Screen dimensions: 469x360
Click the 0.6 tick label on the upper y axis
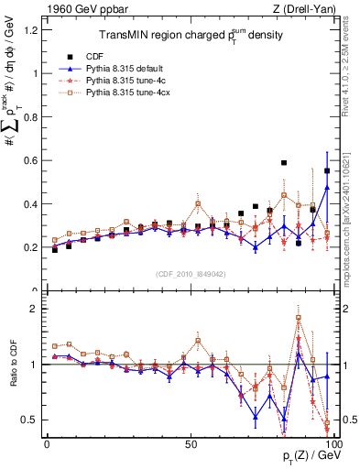[32, 160]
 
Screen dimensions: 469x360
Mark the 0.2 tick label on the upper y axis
[32, 247]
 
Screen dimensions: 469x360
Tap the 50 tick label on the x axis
[191, 442]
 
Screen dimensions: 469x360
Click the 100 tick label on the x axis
[333, 442]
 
